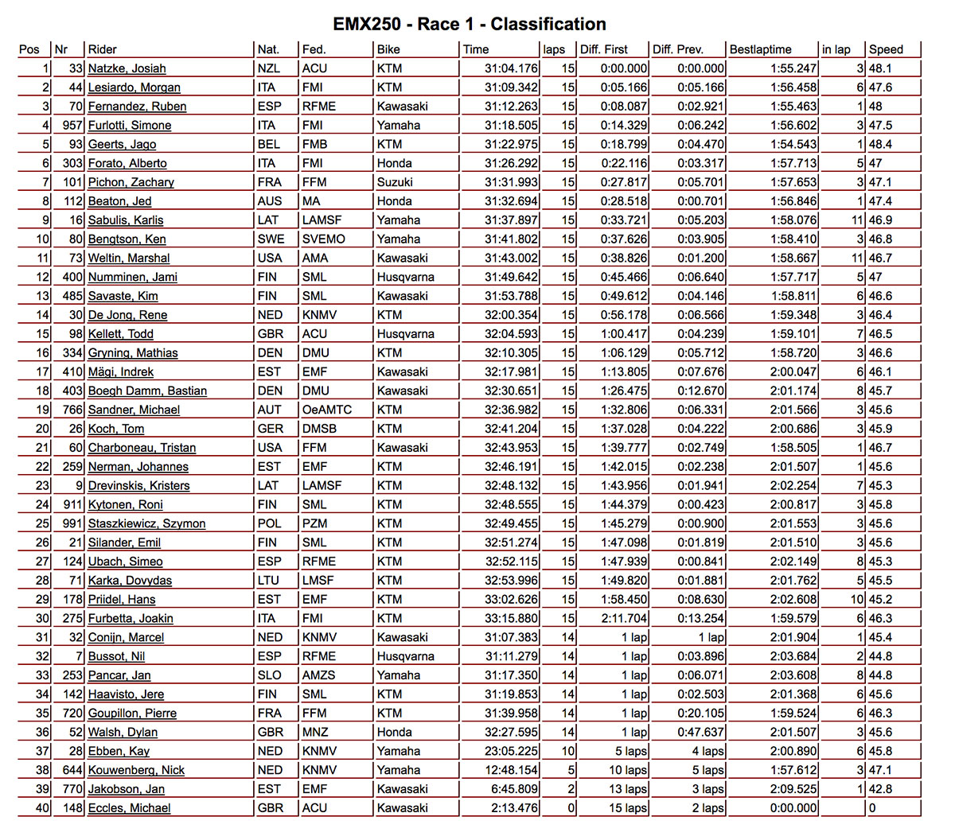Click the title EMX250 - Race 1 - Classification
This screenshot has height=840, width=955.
point(469,24)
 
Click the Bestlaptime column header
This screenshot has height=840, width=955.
point(760,49)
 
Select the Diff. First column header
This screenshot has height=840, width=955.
point(604,49)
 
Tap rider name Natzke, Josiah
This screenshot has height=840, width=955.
point(127,68)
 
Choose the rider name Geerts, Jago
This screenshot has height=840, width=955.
point(122,144)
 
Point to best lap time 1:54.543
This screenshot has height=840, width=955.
point(793,144)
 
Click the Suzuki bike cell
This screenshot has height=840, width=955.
point(396,182)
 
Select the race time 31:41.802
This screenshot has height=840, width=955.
point(511,239)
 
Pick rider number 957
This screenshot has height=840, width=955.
point(72,125)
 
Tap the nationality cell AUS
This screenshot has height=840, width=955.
point(270,201)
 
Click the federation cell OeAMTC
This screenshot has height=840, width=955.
point(326,410)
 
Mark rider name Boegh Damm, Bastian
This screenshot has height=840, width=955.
point(147,391)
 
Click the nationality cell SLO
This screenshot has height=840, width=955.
point(270,675)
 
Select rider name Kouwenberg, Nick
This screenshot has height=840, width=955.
point(136,770)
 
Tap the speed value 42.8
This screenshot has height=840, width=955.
point(880,789)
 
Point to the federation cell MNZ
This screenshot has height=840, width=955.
point(316,732)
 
